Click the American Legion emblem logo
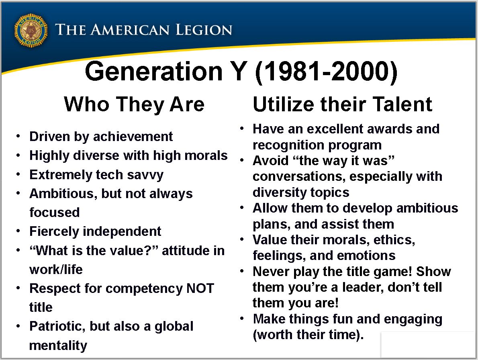tap(31, 31)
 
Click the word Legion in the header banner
tap(204, 30)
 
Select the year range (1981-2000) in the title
tap(326, 72)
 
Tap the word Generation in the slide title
tap(153, 72)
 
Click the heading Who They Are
tap(134, 104)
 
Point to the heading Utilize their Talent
tap(342, 104)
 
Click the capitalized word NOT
tap(200, 288)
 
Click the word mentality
tap(58, 346)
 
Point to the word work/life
tap(56, 270)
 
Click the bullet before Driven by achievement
tap(18, 136)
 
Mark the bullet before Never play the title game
tap(242, 271)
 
